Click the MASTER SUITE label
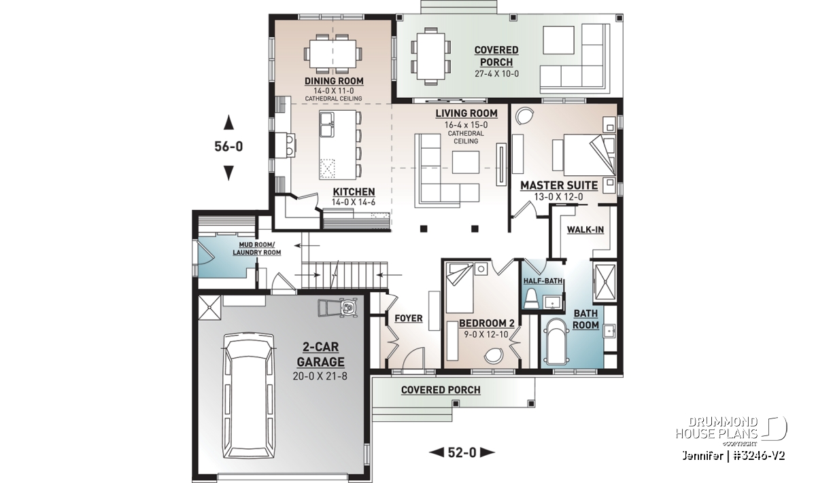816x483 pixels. [559, 185]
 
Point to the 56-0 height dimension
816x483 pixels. [228, 146]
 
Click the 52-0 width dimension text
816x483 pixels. [462, 452]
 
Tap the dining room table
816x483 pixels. [333, 54]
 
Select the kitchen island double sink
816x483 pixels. [327, 124]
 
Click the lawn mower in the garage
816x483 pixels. [338, 308]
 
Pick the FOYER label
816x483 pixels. [409, 319]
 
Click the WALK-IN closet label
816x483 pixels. [585, 230]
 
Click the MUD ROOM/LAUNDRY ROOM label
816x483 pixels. [257, 249]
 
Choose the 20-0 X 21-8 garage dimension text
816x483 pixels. [320, 376]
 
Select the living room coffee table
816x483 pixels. [466, 162]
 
